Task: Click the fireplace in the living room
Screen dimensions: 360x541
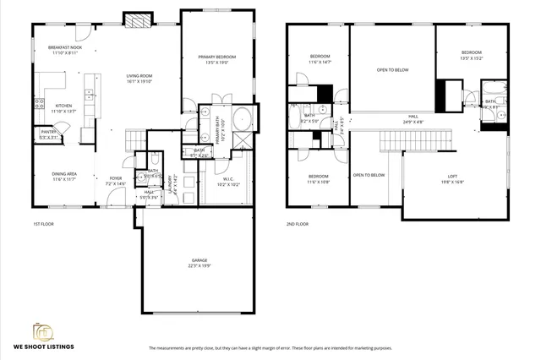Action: click(x=136, y=19)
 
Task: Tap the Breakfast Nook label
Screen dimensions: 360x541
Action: click(x=63, y=47)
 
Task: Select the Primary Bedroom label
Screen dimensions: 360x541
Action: click(x=216, y=57)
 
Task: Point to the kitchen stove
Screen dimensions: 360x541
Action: click(x=38, y=105)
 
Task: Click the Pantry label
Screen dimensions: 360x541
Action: click(x=48, y=131)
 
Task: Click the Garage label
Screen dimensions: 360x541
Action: click(x=199, y=260)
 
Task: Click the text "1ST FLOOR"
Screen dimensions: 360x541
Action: click(x=43, y=224)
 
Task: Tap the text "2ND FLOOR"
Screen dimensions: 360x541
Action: click(x=297, y=224)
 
